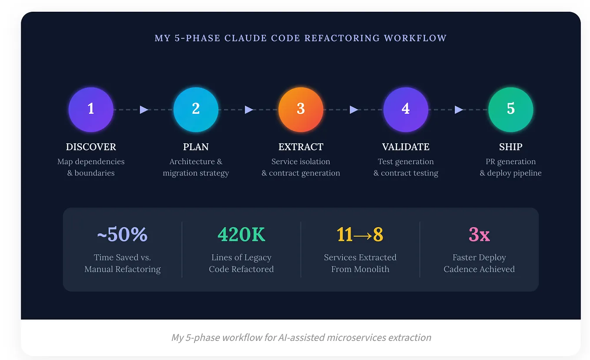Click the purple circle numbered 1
click(x=91, y=109)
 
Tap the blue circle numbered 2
click(x=196, y=109)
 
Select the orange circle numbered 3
click(x=301, y=109)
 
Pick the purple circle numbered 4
click(x=406, y=109)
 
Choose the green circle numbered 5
click(x=511, y=109)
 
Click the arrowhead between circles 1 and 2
click(x=144, y=109)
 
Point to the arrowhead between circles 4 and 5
click(x=459, y=109)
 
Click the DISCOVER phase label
click(x=91, y=147)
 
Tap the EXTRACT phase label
click(x=301, y=147)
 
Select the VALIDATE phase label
click(x=406, y=147)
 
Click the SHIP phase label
click(x=511, y=147)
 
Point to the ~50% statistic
click(x=122, y=234)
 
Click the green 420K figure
click(x=241, y=234)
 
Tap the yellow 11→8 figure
click(x=360, y=234)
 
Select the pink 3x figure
click(x=479, y=234)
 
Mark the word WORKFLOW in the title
click(x=415, y=38)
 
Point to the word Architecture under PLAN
click(x=192, y=162)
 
